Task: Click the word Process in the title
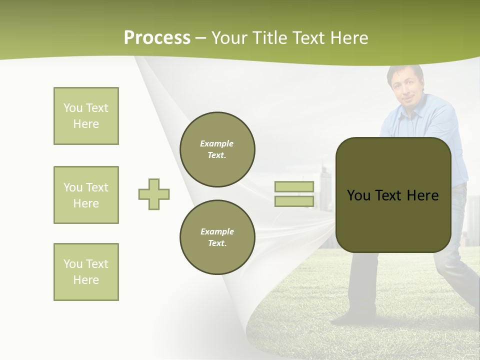157,38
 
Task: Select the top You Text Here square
86,116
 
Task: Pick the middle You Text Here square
86,195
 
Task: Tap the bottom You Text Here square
86,272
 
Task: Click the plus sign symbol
154,194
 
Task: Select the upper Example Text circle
217,149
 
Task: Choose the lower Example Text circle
217,237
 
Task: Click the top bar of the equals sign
294,186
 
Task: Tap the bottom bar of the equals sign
294,201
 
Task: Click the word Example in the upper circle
217,143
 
